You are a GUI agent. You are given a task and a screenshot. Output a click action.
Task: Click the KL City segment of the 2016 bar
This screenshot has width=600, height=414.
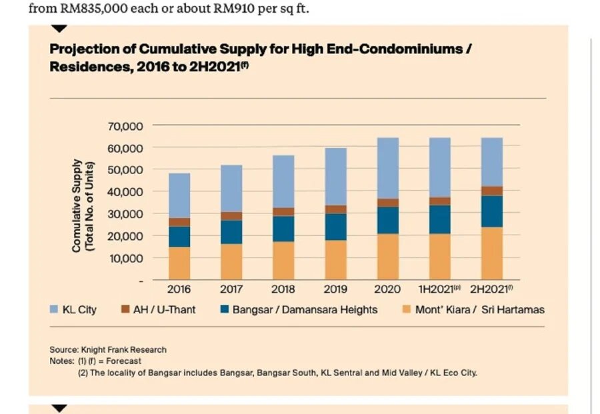(x=179, y=195)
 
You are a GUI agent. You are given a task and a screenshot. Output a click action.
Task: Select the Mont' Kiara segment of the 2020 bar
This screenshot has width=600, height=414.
(x=387, y=256)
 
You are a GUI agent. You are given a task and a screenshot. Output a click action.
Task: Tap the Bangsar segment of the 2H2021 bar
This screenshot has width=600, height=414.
(x=491, y=211)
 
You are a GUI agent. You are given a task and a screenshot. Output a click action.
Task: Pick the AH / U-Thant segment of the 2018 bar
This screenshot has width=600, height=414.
(x=283, y=212)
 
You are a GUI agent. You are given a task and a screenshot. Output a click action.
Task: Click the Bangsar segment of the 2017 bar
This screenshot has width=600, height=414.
(x=231, y=232)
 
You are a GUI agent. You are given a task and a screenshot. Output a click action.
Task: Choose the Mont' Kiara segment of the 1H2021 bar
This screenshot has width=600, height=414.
(x=439, y=256)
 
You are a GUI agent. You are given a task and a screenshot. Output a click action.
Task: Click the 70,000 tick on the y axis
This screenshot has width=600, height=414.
(x=125, y=125)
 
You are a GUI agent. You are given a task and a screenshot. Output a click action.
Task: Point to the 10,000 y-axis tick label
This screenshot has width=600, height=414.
(x=125, y=257)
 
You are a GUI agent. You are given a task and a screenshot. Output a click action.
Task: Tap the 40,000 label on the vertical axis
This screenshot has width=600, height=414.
(x=125, y=191)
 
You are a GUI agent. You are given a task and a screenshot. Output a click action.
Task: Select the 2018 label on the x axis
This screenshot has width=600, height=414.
(x=283, y=289)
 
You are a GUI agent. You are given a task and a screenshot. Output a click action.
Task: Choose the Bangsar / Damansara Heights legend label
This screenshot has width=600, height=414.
(x=305, y=310)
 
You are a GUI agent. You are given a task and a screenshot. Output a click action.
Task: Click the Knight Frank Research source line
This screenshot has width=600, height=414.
(x=108, y=349)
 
